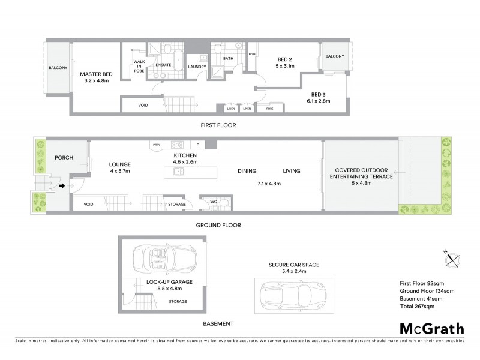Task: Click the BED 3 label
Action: pyautogui.click(x=318, y=94)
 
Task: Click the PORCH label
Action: pyautogui.click(x=64, y=158)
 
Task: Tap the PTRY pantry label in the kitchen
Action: pyautogui.click(x=157, y=145)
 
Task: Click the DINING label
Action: pyautogui.click(x=247, y=171)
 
